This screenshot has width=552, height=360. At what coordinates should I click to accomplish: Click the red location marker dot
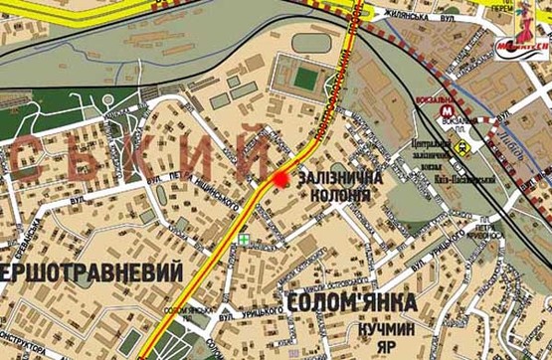pos(280,179)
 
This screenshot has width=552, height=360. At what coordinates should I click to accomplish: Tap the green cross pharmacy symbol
pos(244,240)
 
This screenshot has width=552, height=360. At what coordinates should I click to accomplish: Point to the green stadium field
pos(300,75)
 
